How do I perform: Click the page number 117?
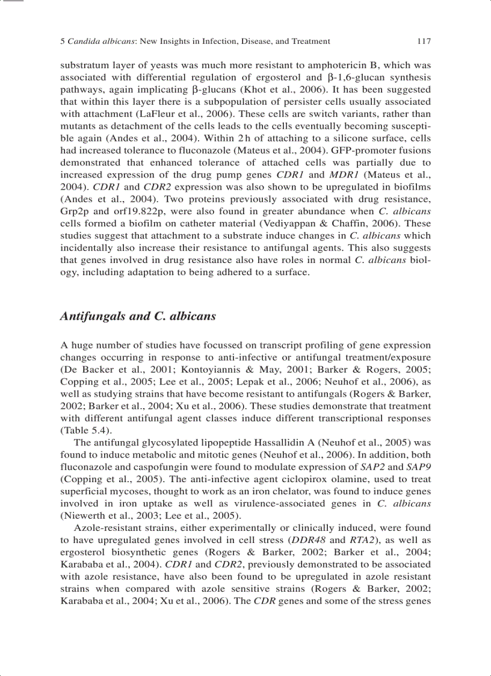[x=424, y=42]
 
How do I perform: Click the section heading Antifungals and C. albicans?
[x=138, y=316]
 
